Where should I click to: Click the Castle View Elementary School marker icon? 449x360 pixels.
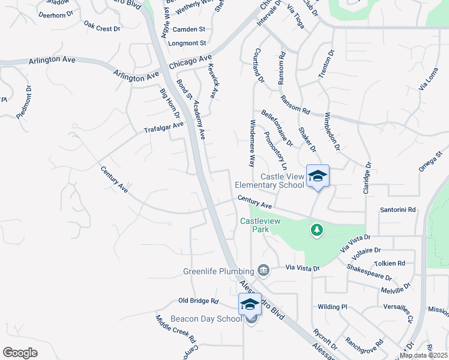tap(318, 176)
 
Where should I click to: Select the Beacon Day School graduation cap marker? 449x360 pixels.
tap(250, 304)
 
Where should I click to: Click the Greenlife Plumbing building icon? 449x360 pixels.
tap(263, 271)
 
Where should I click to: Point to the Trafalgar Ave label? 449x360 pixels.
tap(163, 128)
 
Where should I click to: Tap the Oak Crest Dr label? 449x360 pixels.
tap(102, 27)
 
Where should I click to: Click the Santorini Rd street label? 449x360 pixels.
tap(398, 210)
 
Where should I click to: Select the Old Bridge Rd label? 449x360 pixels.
tap(199, 300)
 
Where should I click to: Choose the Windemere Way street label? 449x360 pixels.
tap(252, 143)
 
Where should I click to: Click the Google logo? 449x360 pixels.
tap(20, 352)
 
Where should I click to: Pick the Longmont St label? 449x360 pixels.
tap(188, 43)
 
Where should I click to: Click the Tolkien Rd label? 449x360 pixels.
tap(390, 263)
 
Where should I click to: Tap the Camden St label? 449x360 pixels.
tap(188, 29)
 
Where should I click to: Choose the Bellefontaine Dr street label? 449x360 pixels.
tap(277, 128)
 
